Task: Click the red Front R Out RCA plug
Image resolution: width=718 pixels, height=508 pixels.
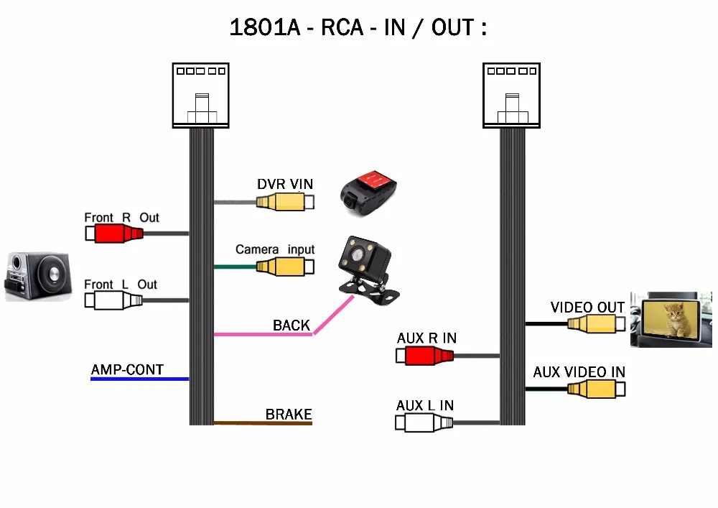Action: [x=115, y=234]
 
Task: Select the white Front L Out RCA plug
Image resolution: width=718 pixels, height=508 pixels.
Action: [x=115, y=300]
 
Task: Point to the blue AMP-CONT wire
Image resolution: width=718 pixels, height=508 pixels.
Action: [x=139, y=379]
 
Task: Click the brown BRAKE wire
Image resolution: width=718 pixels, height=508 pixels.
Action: [x=263, y=423]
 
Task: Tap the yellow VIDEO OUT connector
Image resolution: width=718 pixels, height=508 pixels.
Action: [x=596, y=324]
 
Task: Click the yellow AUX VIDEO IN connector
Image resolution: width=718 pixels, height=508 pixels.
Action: [x=596, y=389]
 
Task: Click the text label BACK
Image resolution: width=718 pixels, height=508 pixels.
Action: [x=292, y=325]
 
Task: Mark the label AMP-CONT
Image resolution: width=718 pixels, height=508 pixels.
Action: [x=127, y=370]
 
